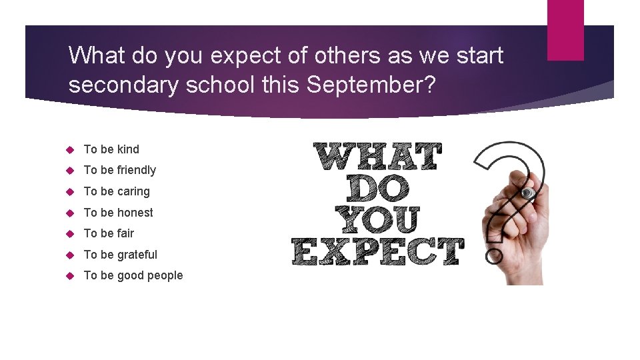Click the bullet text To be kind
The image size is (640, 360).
tap(111, 149)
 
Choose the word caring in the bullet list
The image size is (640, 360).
tap(133, 192)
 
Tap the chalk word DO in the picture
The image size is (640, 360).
tap(377, 189)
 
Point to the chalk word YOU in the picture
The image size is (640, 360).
tap(377, 221)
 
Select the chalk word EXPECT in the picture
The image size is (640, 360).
tap(377, 252)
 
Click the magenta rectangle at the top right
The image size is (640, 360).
tap(565, 30)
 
